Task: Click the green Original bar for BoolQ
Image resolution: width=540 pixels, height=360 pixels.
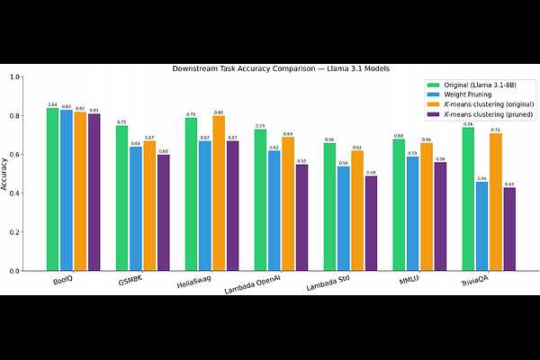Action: (x=52, y=189)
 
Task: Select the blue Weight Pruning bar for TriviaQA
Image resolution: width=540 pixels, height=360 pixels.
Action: (x=481, y=226)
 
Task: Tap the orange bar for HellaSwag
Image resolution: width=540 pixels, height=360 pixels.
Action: (x=219, y=193)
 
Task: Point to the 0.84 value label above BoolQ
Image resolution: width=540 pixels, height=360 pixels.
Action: (x=52, y=104)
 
